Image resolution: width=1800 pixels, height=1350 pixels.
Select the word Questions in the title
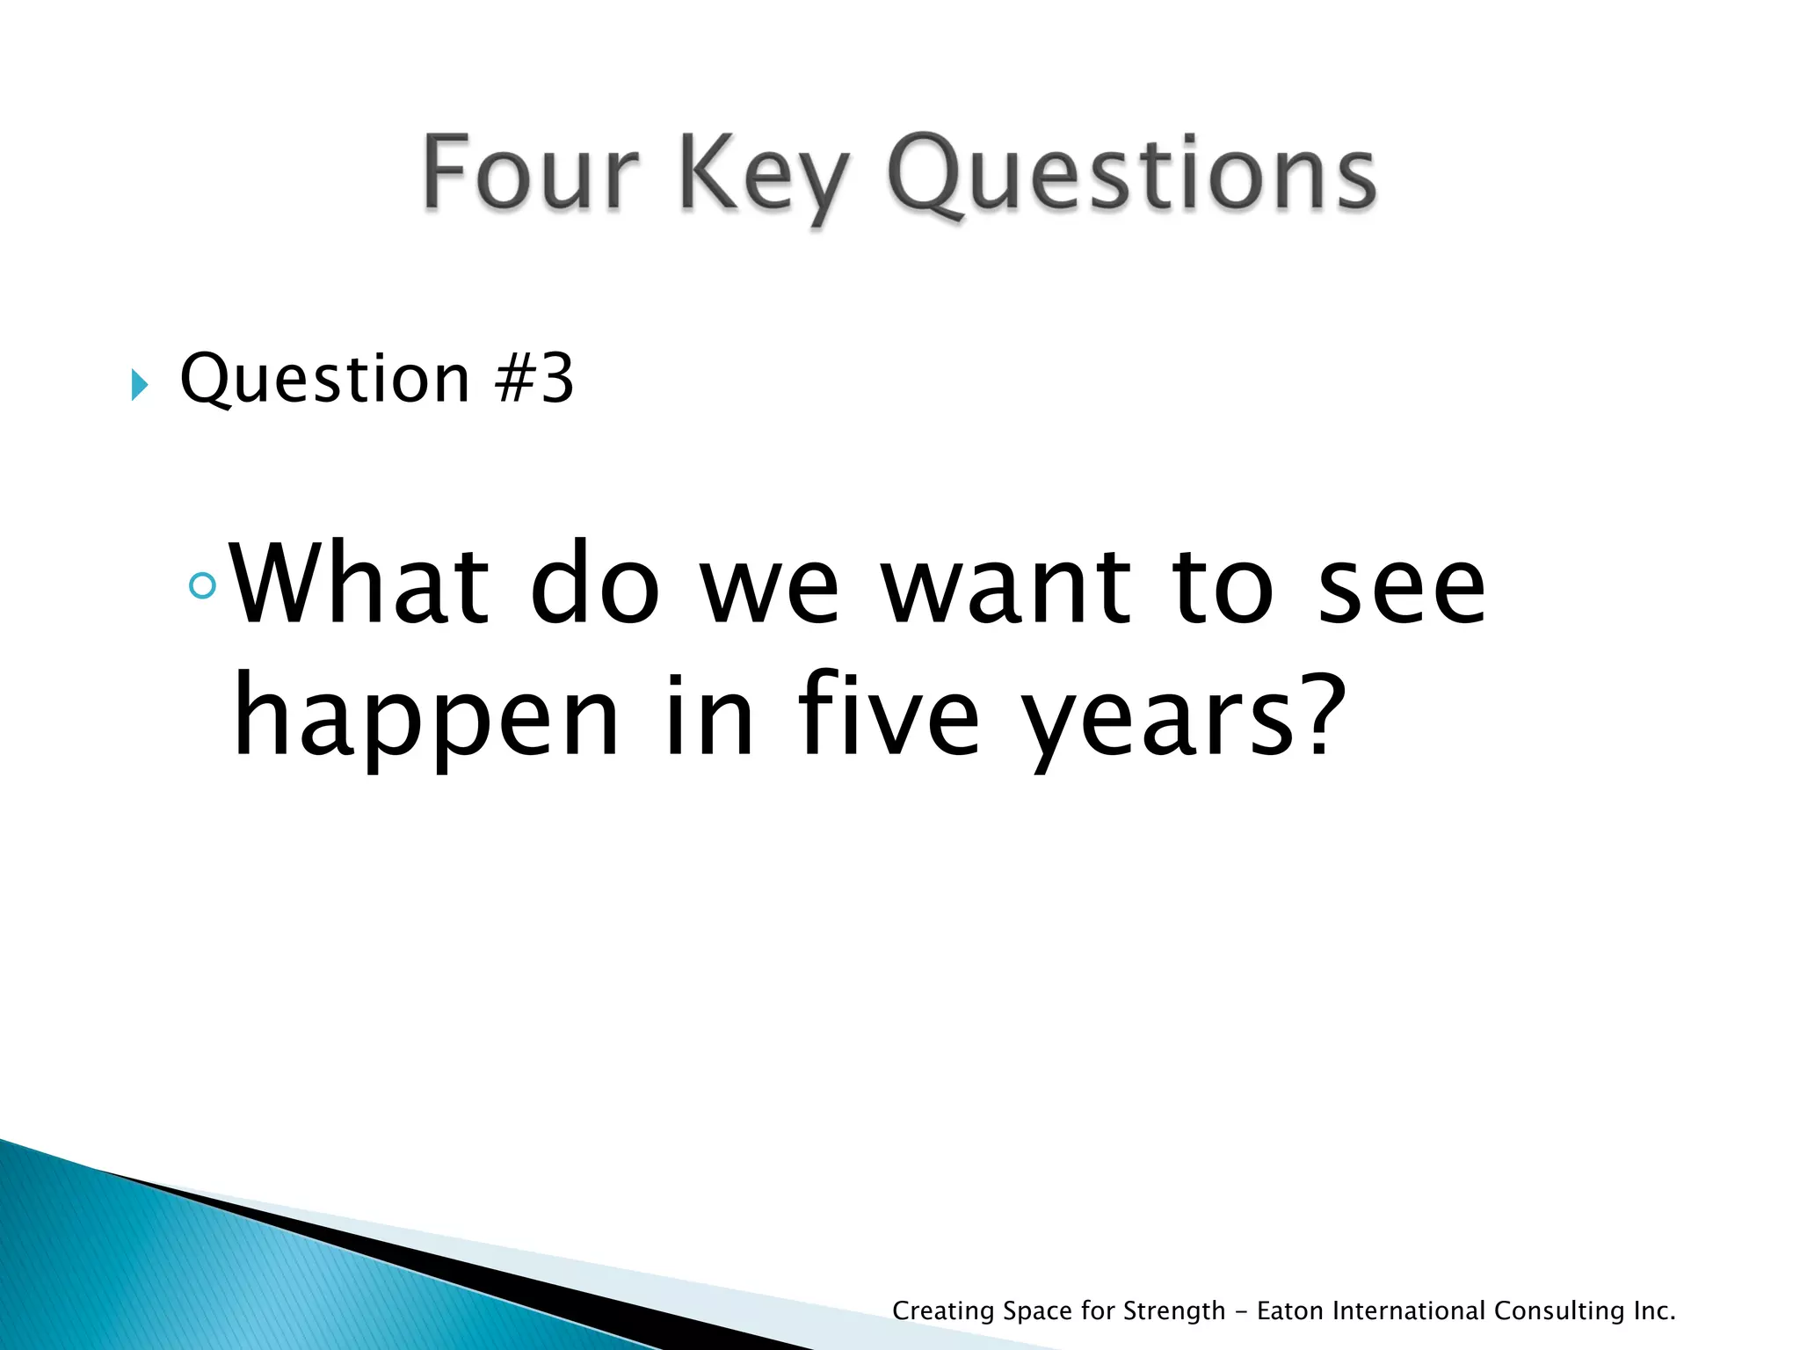click(x=1132, y=176)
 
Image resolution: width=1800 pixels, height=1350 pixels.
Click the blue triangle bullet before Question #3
click(x=140, y=384)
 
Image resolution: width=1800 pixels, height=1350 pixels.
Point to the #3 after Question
click(x=534, y=379)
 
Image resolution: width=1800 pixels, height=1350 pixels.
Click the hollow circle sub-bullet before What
click(x=202, y=585)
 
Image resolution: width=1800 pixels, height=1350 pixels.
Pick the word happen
click(x=426, y=715)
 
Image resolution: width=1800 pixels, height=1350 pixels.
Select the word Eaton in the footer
click(x=1290, y=1310)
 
